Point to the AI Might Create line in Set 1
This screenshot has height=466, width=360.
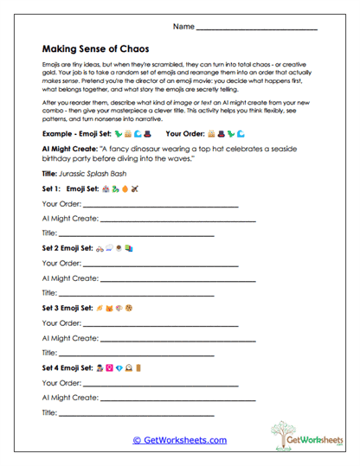pyautogui.click(x=177, y=219)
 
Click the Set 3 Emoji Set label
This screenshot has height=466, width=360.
pyautogui.click(x=69, y=308)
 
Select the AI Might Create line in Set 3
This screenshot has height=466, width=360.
pyautogui.click(x=177, y=338)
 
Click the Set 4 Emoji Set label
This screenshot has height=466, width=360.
pyautogui.click(x=69, y=367)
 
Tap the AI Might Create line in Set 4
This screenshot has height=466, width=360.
pyautogui.click(x=177, y=398)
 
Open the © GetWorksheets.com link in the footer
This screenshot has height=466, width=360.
pyautogui.click(x=179, y=440)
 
